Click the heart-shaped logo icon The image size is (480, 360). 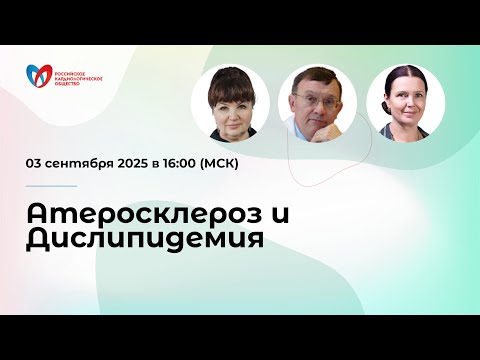[x=39, y=73]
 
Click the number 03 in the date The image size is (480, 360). [x=35, y=163]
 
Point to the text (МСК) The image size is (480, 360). [x=222, y=163]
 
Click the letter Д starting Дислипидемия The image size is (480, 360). [x=39, y=241]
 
